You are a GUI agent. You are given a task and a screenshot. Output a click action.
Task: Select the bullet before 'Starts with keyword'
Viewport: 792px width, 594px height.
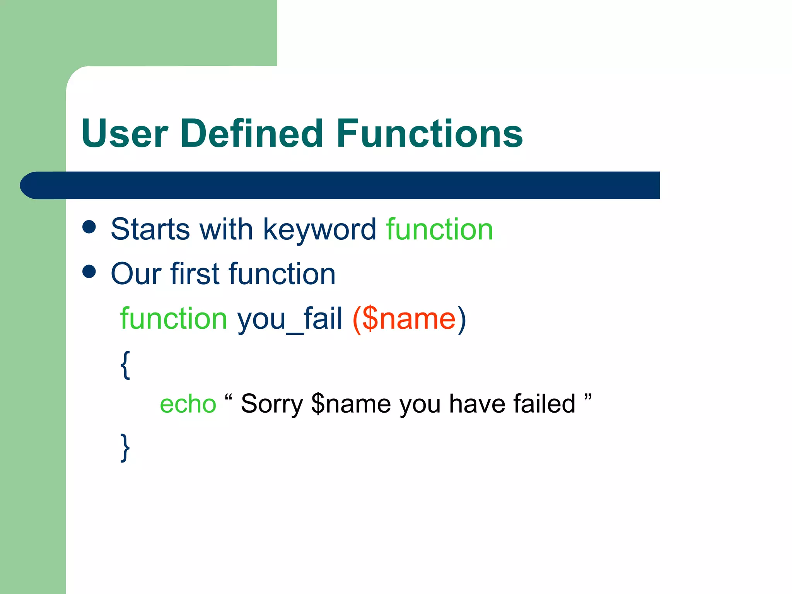tap(89, 227)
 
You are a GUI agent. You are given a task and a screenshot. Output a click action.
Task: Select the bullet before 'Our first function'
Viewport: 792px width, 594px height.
tap(89, 271)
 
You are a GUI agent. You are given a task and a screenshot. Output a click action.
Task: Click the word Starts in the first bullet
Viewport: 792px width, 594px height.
tap(150, 229)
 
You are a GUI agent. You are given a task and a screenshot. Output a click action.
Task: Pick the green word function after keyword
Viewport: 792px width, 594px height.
tap(439, 229)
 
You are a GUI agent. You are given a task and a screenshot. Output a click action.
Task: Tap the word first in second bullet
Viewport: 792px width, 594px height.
tap(195, 274)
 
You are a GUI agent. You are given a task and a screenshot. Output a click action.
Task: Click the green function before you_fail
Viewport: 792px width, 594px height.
tap(174, 319)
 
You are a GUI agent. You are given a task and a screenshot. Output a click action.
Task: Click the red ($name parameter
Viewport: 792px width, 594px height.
tap(404, 319)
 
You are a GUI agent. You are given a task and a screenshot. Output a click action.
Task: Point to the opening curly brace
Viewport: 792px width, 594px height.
tap(125, 365)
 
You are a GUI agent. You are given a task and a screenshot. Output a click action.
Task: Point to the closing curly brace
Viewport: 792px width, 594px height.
tap(125, 447)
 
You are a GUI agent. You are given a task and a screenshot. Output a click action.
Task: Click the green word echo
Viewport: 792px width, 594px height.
tap(188, 404)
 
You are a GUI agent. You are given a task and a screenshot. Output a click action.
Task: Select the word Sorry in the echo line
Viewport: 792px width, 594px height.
tap(272, 404)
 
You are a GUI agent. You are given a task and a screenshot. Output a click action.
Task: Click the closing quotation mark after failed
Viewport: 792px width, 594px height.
tap(588, 397)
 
